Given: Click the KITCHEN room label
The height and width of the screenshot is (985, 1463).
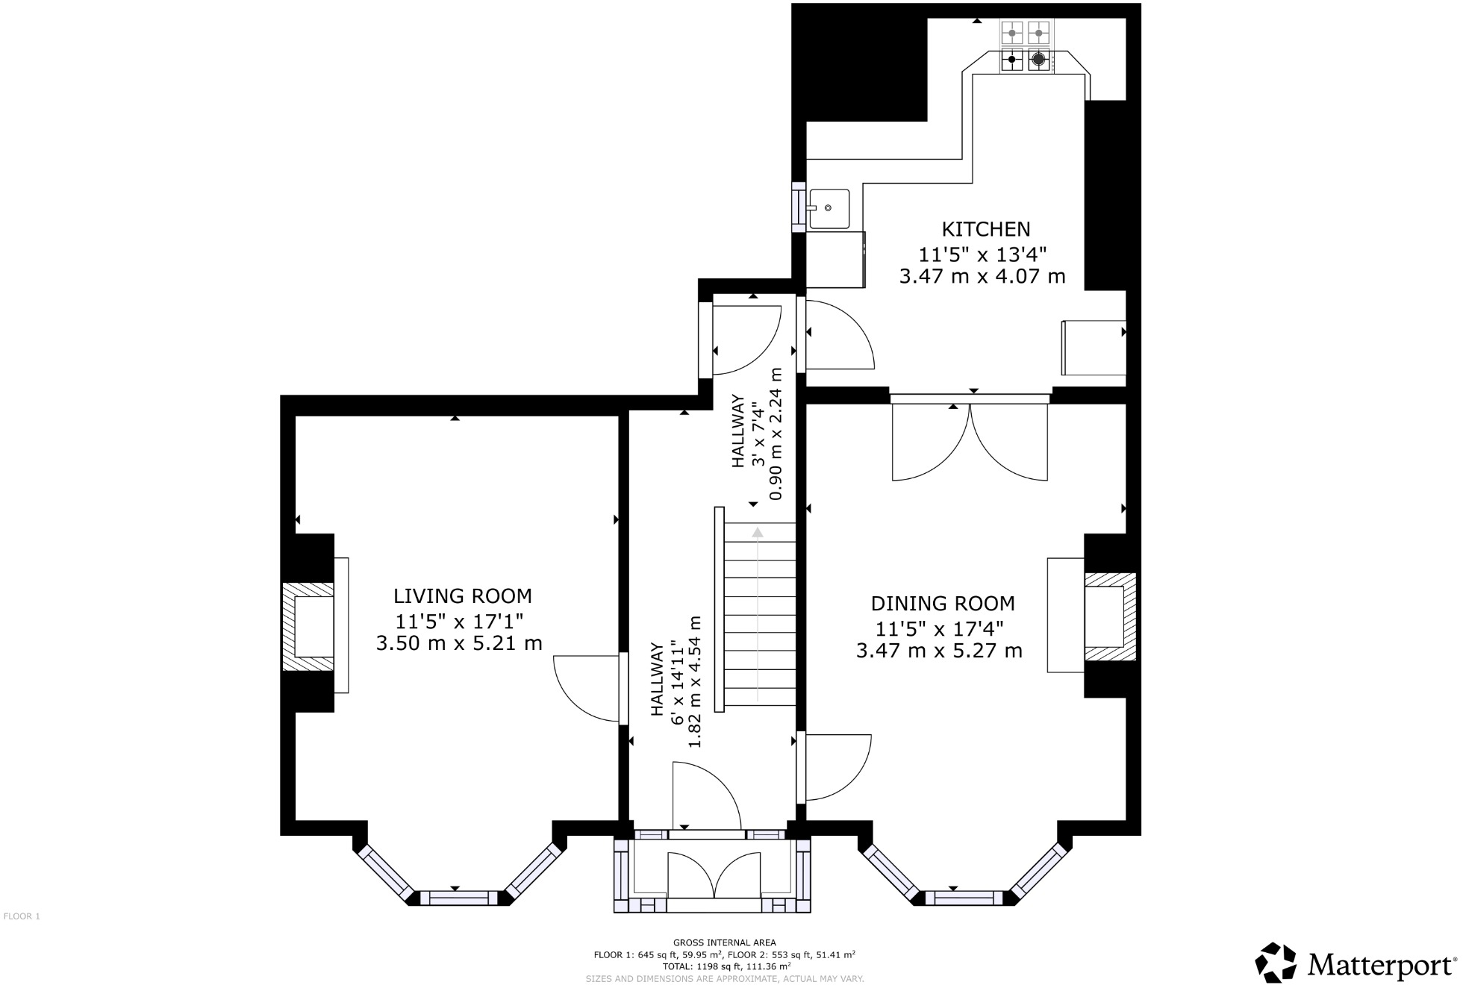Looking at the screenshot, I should tap(985, 229).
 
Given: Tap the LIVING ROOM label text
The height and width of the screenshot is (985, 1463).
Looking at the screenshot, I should tap(462, 596).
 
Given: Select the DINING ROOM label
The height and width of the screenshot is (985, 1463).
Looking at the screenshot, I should tap(942, 604).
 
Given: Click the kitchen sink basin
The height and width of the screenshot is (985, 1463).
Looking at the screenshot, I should tap(829, 208).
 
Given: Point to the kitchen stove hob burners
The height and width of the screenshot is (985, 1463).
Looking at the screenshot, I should tap(1025, 46).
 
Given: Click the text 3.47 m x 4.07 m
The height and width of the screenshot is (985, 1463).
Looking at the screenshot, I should tap(982, 277).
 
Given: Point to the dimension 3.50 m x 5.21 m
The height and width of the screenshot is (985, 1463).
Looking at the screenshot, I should tap(458, 643).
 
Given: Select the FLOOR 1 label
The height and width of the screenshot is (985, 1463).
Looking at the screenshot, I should tap(22, 916).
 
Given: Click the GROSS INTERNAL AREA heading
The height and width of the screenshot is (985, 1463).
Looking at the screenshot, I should tap(724, 942).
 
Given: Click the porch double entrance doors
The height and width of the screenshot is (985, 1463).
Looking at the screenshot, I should tap(714, 875).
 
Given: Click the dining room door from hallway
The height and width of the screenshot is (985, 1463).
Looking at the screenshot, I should tap(836, 768).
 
